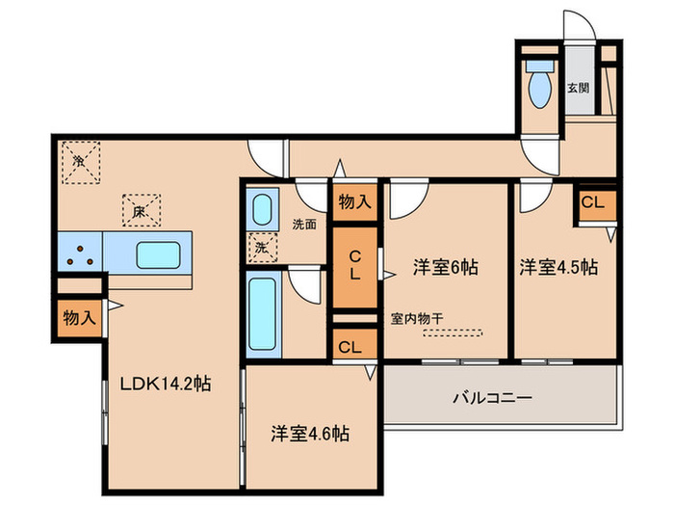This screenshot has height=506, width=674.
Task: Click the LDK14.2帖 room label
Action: pyautogui.click(x=165, y=383)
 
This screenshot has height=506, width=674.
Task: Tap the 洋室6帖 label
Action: pyautogui.click(x=447, y=266)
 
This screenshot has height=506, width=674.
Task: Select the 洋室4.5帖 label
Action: pyautogui.click(x=559, y=266)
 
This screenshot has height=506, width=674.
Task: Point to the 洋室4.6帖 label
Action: pyautogui.click(x=309, y=433)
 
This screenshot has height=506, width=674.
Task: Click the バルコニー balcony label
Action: pyautogui.click(x=493, y=397)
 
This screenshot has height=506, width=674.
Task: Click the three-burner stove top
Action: pyautogui.click(x=80, y=254)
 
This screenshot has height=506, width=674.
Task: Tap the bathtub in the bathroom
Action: pyautogui.click(x=261, y=312)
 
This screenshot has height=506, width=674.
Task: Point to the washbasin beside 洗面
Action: pyautogui.click(x=261, y=211)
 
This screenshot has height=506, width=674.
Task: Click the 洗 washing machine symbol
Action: pyautogui.click(x=261, y=248)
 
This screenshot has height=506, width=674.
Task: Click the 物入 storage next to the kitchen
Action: pyautogui.click(x=78, y=317)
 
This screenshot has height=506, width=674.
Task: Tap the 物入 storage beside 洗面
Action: pyautogui.click(x=355, y=201)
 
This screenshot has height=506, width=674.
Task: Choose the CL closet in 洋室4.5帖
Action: pyautogui.click(x=593, y=203)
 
